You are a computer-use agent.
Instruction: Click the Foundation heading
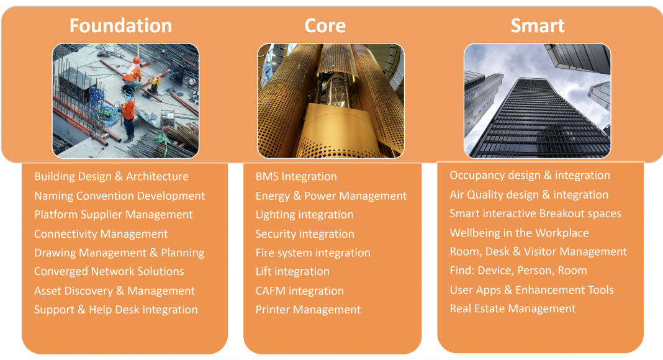(121, 26)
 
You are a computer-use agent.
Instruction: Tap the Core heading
(325, 26)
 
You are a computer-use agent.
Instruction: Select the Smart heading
(538, 26)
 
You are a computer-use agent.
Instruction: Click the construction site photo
(125, 101)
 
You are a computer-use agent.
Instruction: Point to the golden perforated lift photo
(331, 101)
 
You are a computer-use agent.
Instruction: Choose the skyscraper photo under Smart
(538, 101)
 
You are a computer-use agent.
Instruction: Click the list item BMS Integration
(296, 177)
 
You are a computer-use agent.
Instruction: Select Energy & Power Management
(331, 196)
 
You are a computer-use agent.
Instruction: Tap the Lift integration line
(292, 271)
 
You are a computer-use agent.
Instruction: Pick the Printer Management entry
(309, 310)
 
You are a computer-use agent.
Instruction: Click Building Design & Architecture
(112, 177)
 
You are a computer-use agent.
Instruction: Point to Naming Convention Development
(120, 196)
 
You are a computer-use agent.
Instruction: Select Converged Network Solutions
(109, 271)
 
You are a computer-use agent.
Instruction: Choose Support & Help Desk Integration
(116, 310)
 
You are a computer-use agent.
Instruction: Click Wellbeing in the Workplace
(519, 233)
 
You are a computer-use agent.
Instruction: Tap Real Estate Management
(513, 309)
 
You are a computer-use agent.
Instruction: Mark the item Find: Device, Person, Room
(518, 271)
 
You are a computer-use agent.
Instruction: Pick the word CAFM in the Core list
(271, 290)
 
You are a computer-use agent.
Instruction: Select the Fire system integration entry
(313, 253)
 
